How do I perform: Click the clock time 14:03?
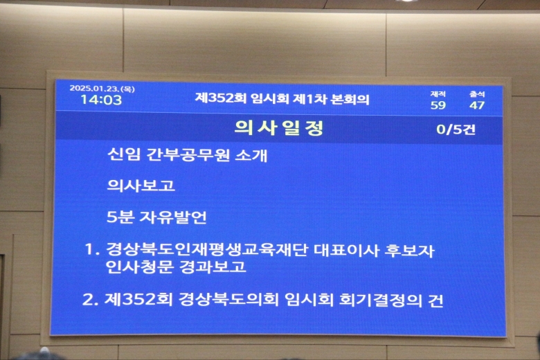click(x=101, y=100)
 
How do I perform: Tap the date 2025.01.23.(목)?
click(x=102, y=89)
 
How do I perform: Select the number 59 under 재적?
click(x=438, y=105)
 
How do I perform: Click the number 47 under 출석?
click(x=477, y=105)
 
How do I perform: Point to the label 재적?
click(x=438, y=94)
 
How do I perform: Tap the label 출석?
click(x=477, y=94)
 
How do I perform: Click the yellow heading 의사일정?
click(x=279, y=128)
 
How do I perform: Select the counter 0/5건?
click(x=456, y=129)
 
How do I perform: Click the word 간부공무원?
click(x=188, y=154)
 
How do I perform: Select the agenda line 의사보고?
click(x=141, y=185)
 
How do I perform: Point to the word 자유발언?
click(x=173, y=217)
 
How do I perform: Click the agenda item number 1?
click(x=91, y=249)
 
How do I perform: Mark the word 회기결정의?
click(x=381, y=300)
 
